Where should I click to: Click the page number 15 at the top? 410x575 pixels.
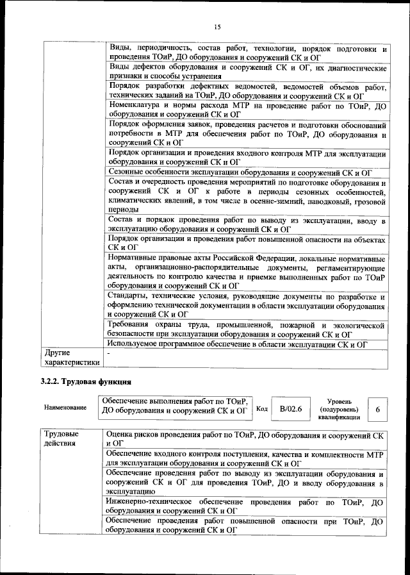(217, 26)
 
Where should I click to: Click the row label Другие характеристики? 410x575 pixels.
(70, 357)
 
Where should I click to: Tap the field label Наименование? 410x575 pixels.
(65, 408)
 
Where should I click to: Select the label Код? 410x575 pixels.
(262, 408)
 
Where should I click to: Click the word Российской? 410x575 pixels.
(244, 258)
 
